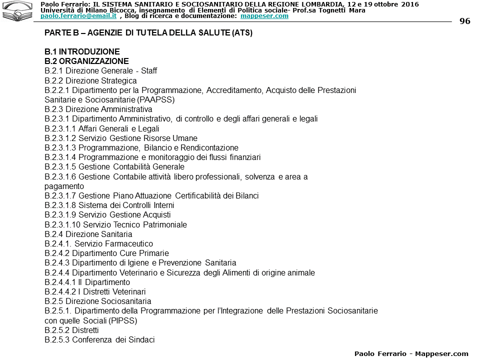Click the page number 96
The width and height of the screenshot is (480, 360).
pos(464,21)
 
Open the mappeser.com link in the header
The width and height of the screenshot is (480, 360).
pos(264,16)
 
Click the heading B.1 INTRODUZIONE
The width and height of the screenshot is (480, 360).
pos(82,51)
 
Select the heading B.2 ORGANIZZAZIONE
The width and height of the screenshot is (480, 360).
pos(86,61)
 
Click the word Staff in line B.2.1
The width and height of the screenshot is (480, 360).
pos(148,71)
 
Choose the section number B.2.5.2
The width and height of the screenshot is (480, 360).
pos(57,330)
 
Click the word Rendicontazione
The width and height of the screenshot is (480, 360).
pos(209,147)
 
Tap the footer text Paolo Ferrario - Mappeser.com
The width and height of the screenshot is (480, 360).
pos(411,353)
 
